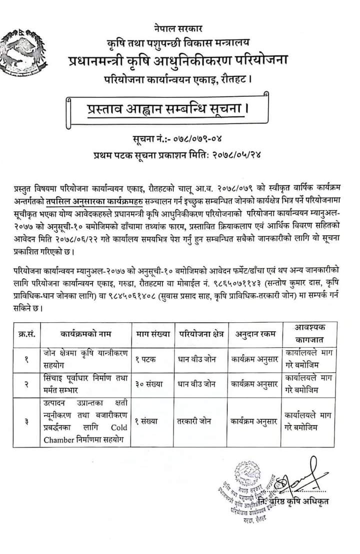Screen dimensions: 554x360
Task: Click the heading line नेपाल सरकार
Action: [179, 28]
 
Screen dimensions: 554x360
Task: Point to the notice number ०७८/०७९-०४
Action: [194, 138]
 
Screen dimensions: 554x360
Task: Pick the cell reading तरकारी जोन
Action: [195, 421]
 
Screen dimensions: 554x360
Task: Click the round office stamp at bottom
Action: [250, 495]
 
